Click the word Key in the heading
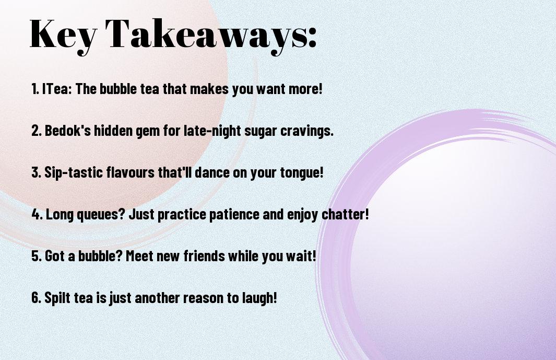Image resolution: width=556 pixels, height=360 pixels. pyautogui.click(x=63, y=35)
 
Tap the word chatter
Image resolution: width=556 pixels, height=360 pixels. pyautogui.click(x=345, y=214)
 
